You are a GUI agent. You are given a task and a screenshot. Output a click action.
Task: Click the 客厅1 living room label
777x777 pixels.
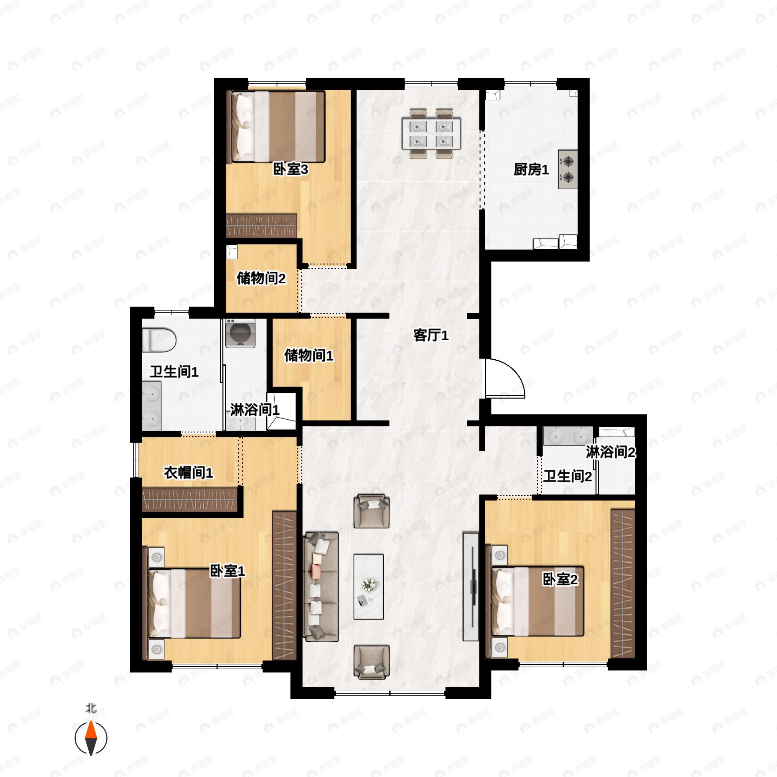[431, 335]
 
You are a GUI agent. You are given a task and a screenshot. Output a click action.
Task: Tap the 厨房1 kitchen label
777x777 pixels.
[531, 169]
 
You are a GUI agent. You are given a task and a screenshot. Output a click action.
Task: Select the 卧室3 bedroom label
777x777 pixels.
[290, 169]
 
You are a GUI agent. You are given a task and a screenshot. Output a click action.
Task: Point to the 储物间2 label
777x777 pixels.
[261, 278]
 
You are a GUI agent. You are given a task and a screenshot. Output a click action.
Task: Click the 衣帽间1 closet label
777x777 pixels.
[188, 473]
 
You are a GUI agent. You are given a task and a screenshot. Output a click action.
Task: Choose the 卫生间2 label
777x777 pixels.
[568, 477]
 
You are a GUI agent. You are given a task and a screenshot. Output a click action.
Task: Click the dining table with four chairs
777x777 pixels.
[431, 133]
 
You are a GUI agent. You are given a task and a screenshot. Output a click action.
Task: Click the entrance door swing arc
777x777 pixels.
[505, 378]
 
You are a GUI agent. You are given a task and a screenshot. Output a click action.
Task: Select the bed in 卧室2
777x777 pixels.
[536, 601]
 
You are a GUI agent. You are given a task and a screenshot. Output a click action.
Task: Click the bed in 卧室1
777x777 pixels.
[195, 603]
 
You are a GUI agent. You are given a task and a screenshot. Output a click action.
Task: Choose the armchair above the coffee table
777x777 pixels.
[371, 512]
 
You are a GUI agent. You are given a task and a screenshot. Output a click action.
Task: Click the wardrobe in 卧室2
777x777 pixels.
[623, 583]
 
